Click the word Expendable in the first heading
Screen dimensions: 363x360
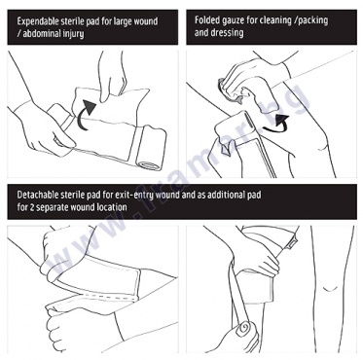tap(38, 21)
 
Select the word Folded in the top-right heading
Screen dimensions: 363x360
tap(206, 20)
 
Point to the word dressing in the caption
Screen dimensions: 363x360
tap(228, 33)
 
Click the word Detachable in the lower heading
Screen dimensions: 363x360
tap(38, 195)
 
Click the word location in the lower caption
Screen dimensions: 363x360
tap(112, 207)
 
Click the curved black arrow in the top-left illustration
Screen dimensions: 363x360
tap(84, 116)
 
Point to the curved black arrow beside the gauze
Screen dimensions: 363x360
tap(275, 125)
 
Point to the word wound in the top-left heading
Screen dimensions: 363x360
tap(143, 21)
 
